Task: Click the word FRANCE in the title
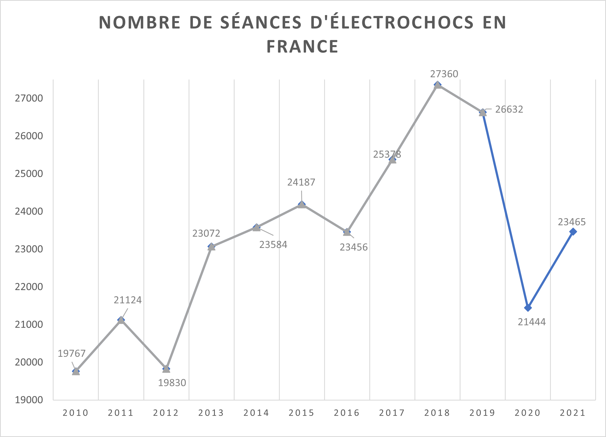coord(302,46)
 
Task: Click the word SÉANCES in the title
coord(261,22)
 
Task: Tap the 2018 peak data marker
coord(438,85)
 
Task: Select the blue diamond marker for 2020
coord(528,308)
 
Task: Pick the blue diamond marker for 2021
coord(573,231)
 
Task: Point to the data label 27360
coord(444,74)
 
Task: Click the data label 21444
coord(532,322)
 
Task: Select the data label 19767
coord(71,353)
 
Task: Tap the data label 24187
coord(301,182)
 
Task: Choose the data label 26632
coord(509,109)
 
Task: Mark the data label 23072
coord(206,233)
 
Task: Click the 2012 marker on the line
coord(166,369)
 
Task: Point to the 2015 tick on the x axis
coord(301,413)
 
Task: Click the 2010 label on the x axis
coord(75,413)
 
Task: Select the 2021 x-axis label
coord(573,413)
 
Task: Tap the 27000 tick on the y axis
coord(29,98)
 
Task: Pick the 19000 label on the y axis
coord(29,400)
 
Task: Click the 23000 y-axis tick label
coord(29,249)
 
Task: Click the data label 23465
coord(572,222)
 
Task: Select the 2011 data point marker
coord(121,320)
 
